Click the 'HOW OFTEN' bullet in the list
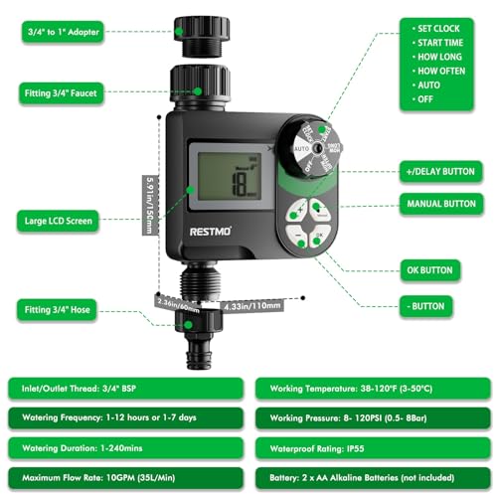tap(443, 72)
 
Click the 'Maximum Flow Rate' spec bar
tap(124, 478)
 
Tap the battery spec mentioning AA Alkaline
tap(373, 478)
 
